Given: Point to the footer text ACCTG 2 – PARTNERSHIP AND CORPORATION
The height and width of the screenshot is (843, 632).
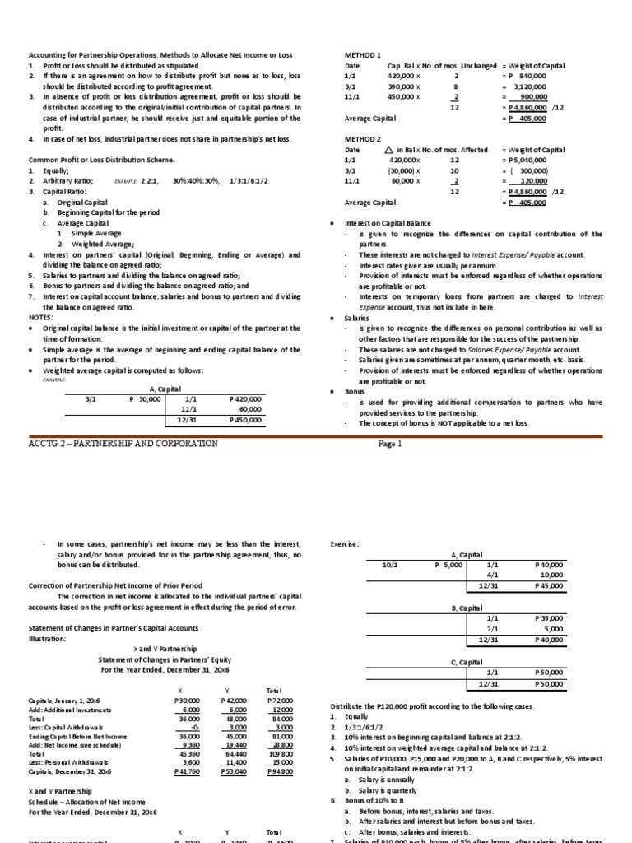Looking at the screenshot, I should (x=123, y=443).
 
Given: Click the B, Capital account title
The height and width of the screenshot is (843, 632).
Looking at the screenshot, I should (x=466, y=607).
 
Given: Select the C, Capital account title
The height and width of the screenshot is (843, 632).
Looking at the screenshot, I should (x=466, y=662).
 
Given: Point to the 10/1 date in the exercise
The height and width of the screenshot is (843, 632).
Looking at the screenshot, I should (x=390, y=566).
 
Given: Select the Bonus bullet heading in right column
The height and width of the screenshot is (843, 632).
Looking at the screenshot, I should (x=355, y=392).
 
